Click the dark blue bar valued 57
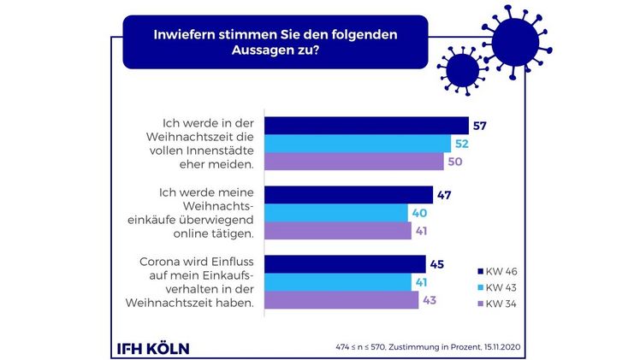point(366,126)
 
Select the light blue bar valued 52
point(358,144)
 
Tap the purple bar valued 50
point(354,162)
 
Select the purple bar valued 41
point(338,231)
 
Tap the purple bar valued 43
point(341,300)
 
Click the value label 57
point(480,126)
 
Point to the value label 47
point(444,195)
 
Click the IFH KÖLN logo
point(153,348)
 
